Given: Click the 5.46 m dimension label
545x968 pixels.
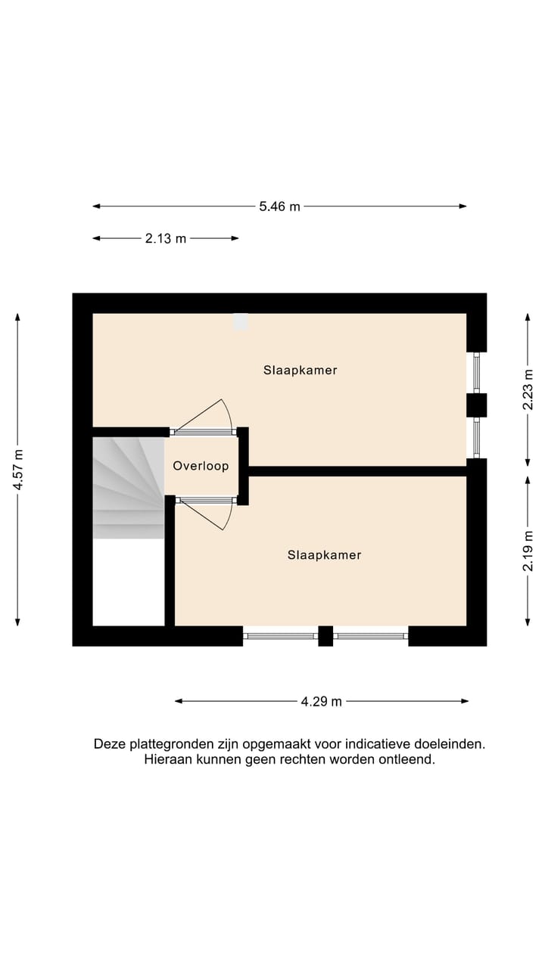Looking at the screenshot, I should (x=280, y=206).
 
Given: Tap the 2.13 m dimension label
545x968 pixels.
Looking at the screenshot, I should (x=165, y=239).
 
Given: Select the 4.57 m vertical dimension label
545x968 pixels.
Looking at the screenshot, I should (x=18, y=470).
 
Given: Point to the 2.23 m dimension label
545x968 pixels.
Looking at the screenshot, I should (x=528, y=390).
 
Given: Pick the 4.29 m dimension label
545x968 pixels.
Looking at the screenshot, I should (x=321, y=702).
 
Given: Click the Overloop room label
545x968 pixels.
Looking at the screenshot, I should (x=201, y=466).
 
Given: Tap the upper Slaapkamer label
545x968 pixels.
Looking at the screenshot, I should (x=300, y=371).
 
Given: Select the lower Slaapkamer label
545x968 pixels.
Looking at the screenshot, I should (x=324, y=555).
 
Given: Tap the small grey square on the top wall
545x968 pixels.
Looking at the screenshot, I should (x=241, y=321).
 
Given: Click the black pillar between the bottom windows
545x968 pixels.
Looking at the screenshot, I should (x=325, y=636).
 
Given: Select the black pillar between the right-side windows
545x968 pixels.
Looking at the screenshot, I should (x=476, y=405).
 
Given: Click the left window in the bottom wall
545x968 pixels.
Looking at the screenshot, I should (x=280, y=636).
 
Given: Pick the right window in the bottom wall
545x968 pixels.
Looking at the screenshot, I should (x=371, y=636).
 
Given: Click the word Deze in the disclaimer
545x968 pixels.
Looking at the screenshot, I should (x=108, y=744).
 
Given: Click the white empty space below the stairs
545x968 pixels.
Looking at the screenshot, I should (x=128, y=582).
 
